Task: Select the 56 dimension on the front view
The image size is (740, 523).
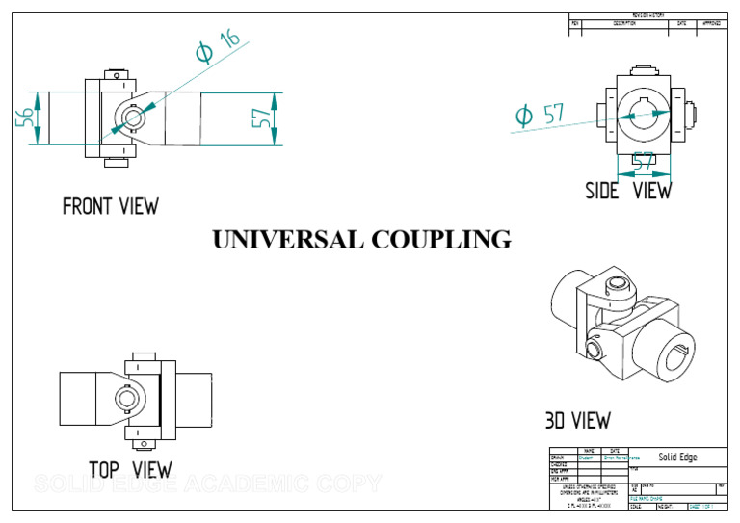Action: [x=25, y=118]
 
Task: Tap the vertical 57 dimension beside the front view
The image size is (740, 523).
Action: [x=261, y=118]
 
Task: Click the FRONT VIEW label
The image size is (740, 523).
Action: [x=110, y=206]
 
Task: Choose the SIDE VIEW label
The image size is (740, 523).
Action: [x=628, y=191]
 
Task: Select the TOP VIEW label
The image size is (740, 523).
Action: [x=130, y=470]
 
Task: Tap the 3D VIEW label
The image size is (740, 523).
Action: [x=577, y=421]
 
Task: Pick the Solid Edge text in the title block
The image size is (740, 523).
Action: [x=677, y=457]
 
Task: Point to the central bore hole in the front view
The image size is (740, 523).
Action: [x=130, y=117]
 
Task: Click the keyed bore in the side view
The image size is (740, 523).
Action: [x=645, y=114]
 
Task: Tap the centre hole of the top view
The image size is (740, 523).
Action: [x=126, y=397]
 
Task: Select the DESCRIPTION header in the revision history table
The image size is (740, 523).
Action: [x=623, y=22]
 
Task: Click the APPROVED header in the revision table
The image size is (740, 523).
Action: [x=711, y=22]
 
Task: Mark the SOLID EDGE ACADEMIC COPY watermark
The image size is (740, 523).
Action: [x=207, y=484]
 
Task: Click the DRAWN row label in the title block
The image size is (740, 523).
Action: [x=557, y=457]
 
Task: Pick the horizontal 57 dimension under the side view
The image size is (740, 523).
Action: [x=643, y=160]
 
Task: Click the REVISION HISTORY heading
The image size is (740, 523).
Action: [x=648, y=15]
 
